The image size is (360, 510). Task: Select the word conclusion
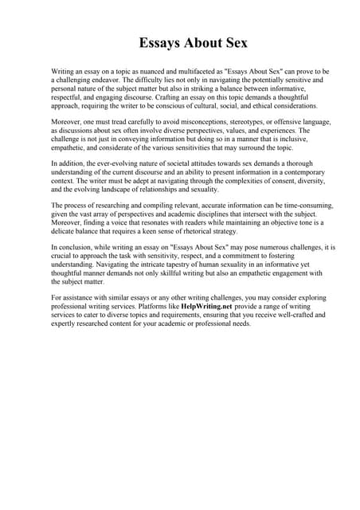[73, 248]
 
